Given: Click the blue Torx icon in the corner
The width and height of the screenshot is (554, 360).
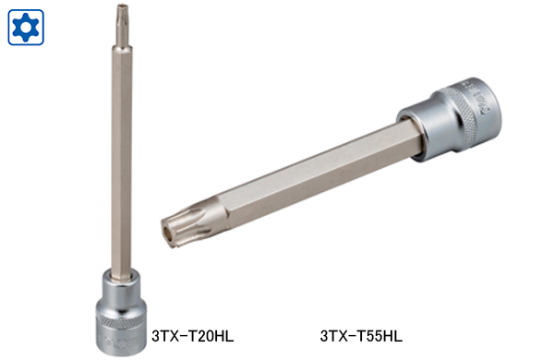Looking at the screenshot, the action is [26, 27].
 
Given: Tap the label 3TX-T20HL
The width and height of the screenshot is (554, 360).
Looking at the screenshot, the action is [193, 336].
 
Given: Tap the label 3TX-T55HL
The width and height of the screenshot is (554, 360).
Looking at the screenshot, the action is [361, 336].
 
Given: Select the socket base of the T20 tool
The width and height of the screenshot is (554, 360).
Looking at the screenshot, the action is [121, 312].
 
